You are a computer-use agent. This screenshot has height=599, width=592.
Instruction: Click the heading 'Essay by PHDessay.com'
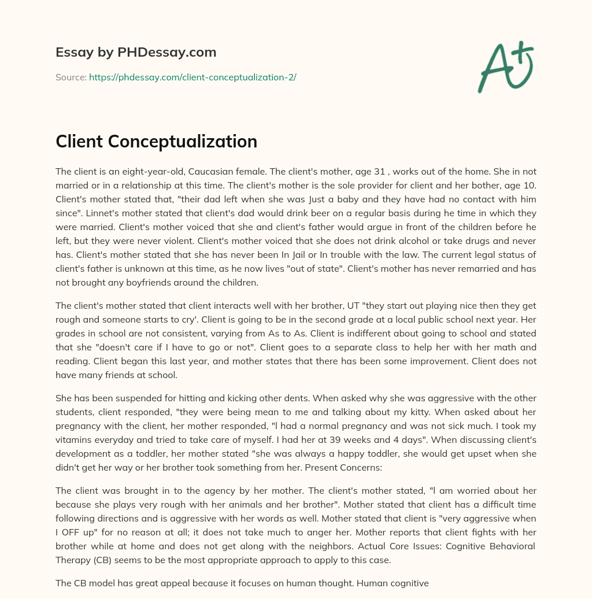coord(136,53)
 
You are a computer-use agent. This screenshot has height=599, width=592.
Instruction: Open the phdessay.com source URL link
coord(193,77)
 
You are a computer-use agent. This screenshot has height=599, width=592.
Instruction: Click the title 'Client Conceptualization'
coord(156,142)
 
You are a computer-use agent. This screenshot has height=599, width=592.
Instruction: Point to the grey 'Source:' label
coord(71,77)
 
